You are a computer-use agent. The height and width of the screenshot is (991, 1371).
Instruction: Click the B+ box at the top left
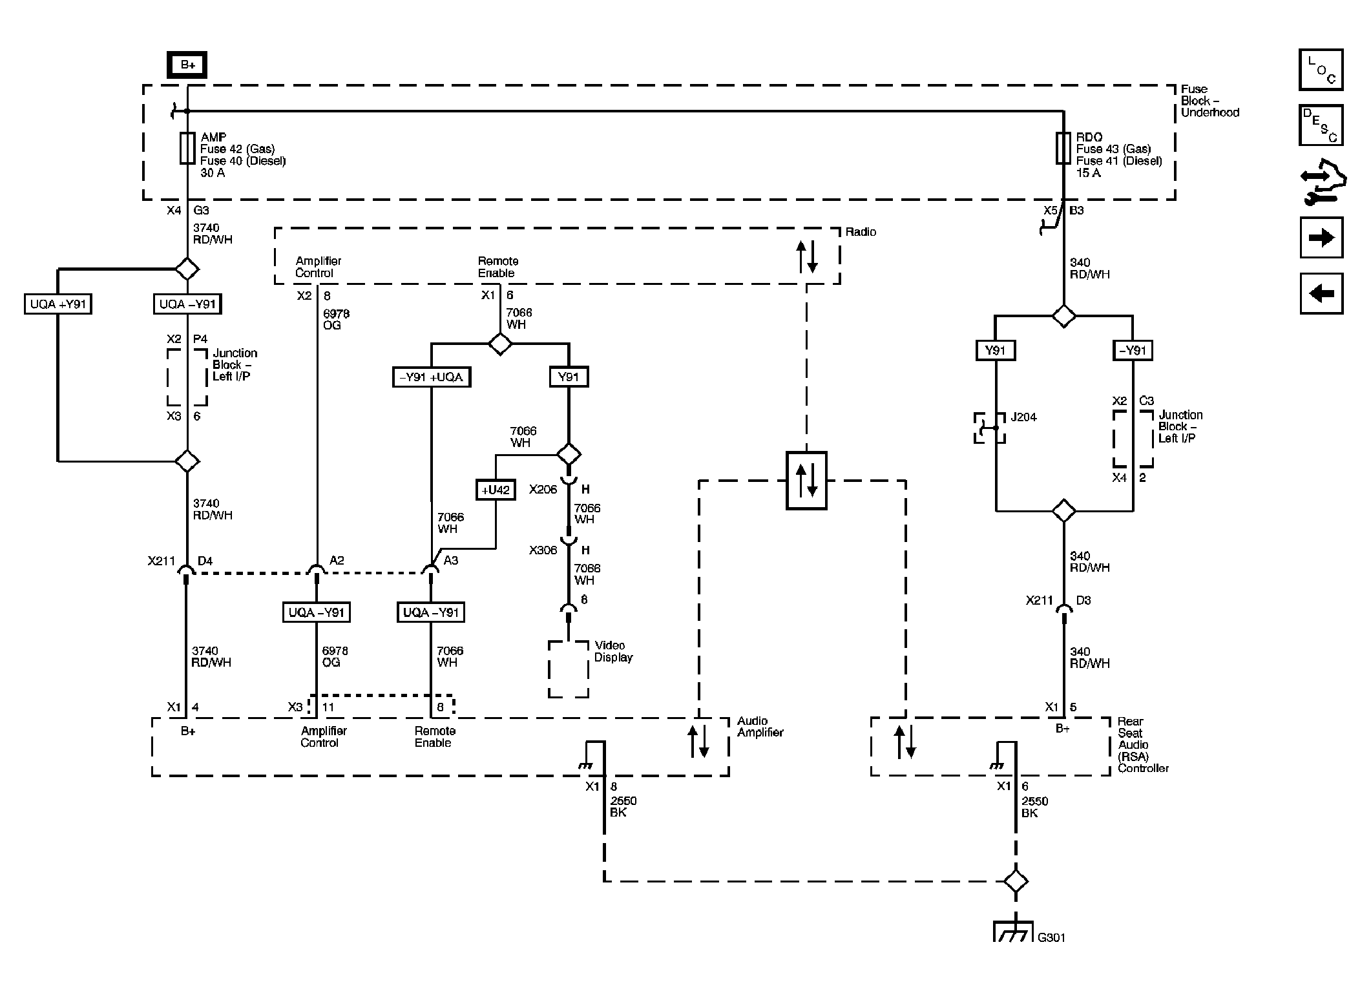[x=187, y=65]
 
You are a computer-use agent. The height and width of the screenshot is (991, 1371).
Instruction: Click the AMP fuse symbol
[x=187, y=149]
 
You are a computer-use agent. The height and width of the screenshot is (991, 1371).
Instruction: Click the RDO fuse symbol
[x=1063, y=149]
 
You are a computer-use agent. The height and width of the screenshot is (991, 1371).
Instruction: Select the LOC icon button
[x=1321, y=70]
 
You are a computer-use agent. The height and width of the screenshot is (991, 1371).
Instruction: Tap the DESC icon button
[x=1321, y=125]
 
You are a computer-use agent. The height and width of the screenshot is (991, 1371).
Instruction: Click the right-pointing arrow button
[x=1321, y=238]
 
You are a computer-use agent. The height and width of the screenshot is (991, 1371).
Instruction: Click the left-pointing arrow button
[x=1321, y=293]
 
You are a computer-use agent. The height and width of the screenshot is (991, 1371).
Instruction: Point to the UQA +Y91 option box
[x=58, y=304]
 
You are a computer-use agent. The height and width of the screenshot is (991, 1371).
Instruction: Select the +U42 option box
[x=496, y=490]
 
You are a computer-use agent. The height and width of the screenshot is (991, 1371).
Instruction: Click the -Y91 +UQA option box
[x=431, y=377]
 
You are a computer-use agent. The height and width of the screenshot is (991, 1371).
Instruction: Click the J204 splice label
[x=1023, y=417]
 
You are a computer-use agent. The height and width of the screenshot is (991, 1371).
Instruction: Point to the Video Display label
[x=613, y=651]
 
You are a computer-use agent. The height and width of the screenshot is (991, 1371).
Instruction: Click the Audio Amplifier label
[x=760, y=727]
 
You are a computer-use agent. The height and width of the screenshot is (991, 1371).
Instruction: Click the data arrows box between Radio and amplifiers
[x=806, y=481]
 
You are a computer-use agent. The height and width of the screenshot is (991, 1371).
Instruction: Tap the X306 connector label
[x=543, y=550]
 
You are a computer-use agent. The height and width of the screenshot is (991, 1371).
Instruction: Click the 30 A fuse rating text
[x=213, y=173]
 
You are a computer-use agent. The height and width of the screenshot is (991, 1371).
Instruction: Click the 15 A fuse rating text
[x=1088, y=173]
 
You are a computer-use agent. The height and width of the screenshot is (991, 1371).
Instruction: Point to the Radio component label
[x=861, y=232]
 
